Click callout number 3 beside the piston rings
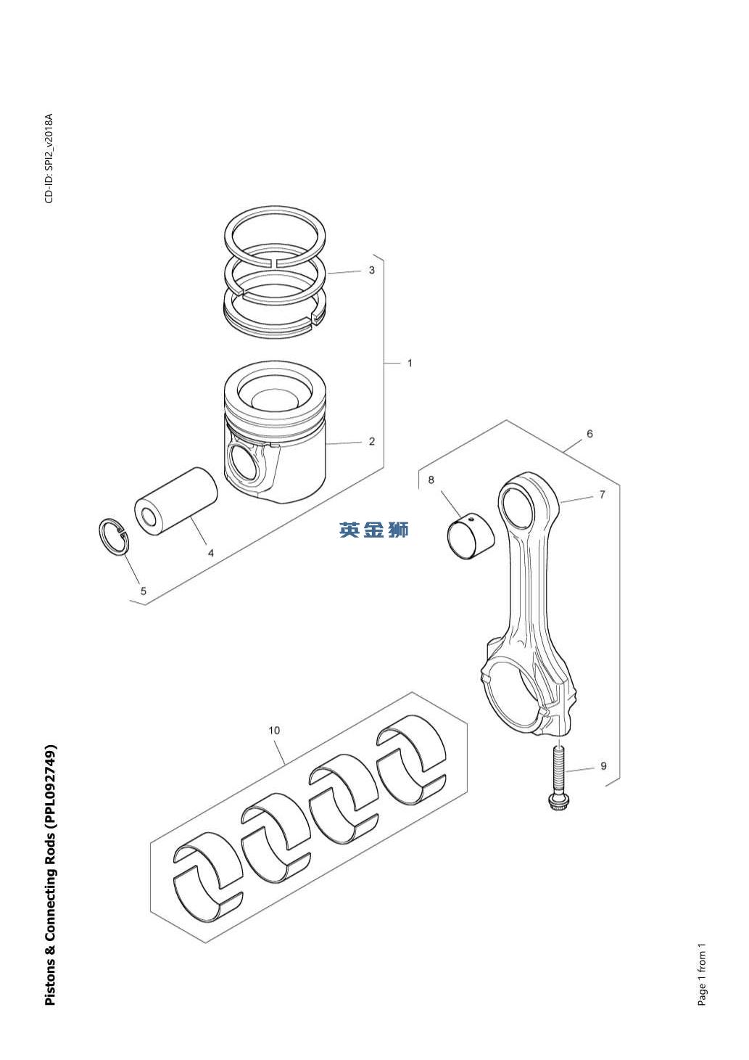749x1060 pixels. [x=372, y=271]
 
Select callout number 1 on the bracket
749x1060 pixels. [x=410, y=363]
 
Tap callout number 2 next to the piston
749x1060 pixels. [x=372, y=441]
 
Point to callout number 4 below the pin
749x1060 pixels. [x=211, y=553]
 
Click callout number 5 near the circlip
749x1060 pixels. [x=144, y=591]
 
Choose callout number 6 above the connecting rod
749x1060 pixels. [x=590, y=434]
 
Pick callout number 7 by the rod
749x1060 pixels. [x=602, y=495]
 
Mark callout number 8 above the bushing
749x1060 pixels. [x=431, y=480]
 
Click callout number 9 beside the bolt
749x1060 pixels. [x=603, y=766]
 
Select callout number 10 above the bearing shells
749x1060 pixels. [x=274, y=731]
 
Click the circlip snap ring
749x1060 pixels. [x=114, y=538]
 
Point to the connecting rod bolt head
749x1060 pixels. [x=558, y=802]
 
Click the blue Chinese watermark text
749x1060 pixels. [x=374, y=530]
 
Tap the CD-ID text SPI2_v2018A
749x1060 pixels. [x=49, y=159]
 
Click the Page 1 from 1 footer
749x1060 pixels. [x=701, y=974]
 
